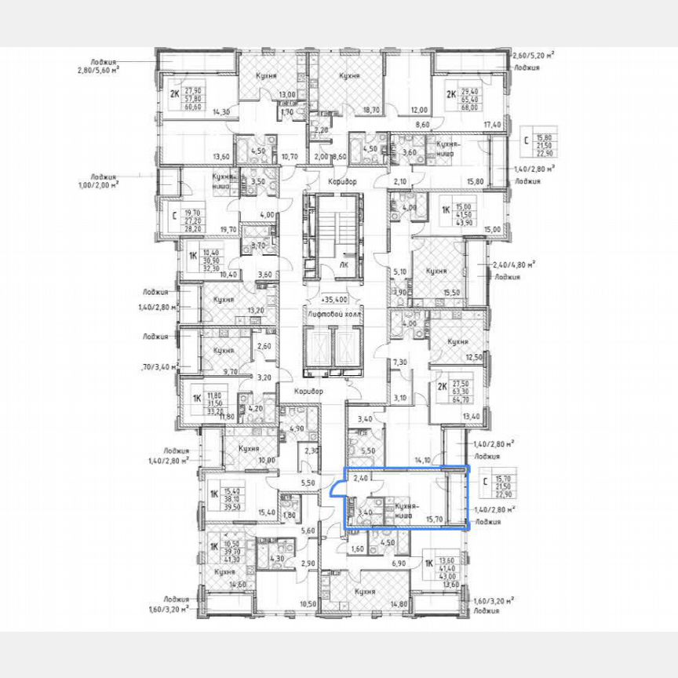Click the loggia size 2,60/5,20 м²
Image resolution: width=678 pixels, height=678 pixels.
click(x=533, y=55)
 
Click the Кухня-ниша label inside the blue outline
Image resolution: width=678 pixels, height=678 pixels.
click(x=404, y=511)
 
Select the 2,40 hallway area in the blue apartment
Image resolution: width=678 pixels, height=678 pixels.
click(x=361, y=477)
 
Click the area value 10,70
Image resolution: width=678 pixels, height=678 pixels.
click(x=290, y=157)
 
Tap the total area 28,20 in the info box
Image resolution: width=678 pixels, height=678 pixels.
click(x=193, y=230)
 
